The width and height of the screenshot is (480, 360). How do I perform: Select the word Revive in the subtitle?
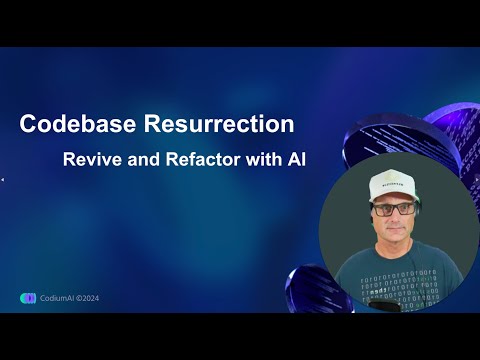coord(90,160)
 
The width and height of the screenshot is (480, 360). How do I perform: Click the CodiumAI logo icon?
coord(28,297)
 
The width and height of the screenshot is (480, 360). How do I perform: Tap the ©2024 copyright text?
coord(88,297)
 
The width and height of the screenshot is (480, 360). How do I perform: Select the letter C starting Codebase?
coord(28,125)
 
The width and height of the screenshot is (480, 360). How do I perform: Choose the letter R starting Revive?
coord(69,160)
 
